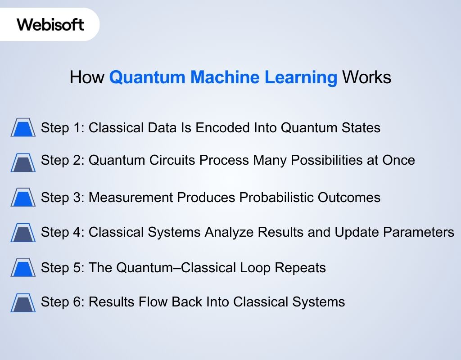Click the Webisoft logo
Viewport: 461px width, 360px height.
50,24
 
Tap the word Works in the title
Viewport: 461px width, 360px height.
366,77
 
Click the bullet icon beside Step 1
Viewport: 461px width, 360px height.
23,128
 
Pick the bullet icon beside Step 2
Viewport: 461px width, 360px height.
23,162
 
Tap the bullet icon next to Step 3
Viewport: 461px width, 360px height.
23,198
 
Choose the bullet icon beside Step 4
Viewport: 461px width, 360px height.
23,233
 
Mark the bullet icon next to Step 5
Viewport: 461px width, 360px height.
23,268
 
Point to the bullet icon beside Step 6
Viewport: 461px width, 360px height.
23,302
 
